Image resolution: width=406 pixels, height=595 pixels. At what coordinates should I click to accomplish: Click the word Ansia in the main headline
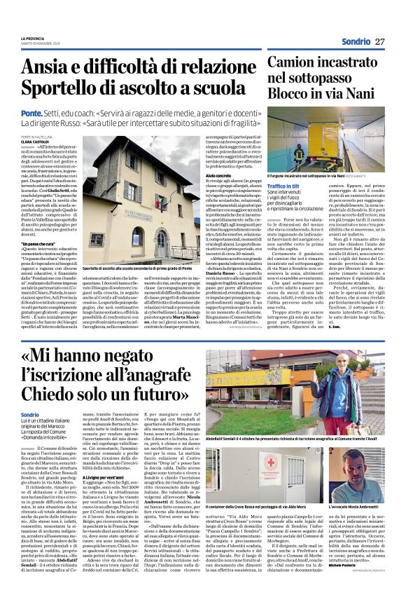(x=42, y=67)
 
